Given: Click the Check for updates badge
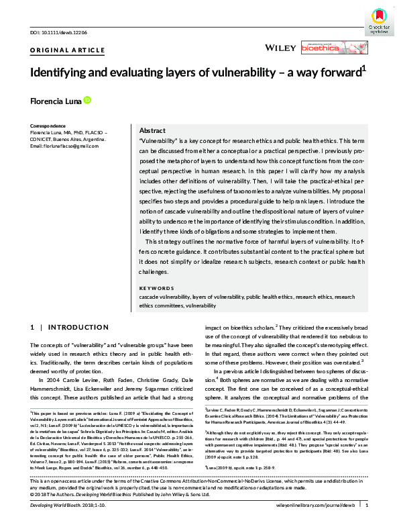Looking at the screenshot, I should tap(378, 19).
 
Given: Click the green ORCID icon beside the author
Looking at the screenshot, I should tap(87, 101).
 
